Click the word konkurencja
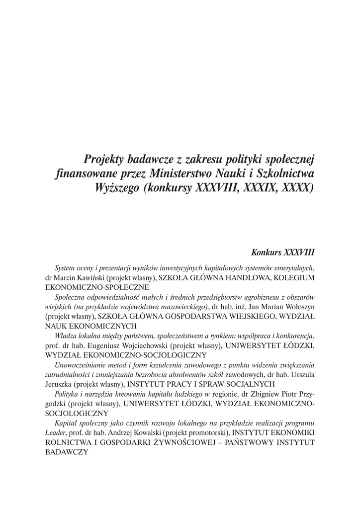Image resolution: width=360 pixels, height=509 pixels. point(293,336)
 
